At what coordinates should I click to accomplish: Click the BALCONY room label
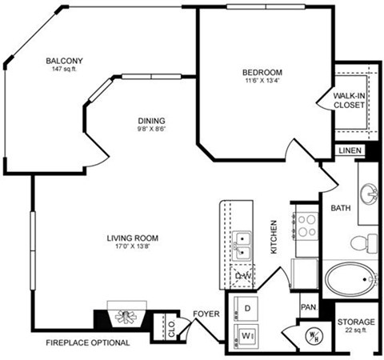(x=64, y=60)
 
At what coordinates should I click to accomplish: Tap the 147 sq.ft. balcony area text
(x=64, y=70)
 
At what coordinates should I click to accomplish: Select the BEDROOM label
(x=264, y=72)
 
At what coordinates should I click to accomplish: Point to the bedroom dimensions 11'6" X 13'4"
(x=264, y=81)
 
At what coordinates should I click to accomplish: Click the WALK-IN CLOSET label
(x=350, y=100)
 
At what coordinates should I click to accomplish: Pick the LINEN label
(x=350, y=150)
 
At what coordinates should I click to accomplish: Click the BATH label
(x=341, y=209)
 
